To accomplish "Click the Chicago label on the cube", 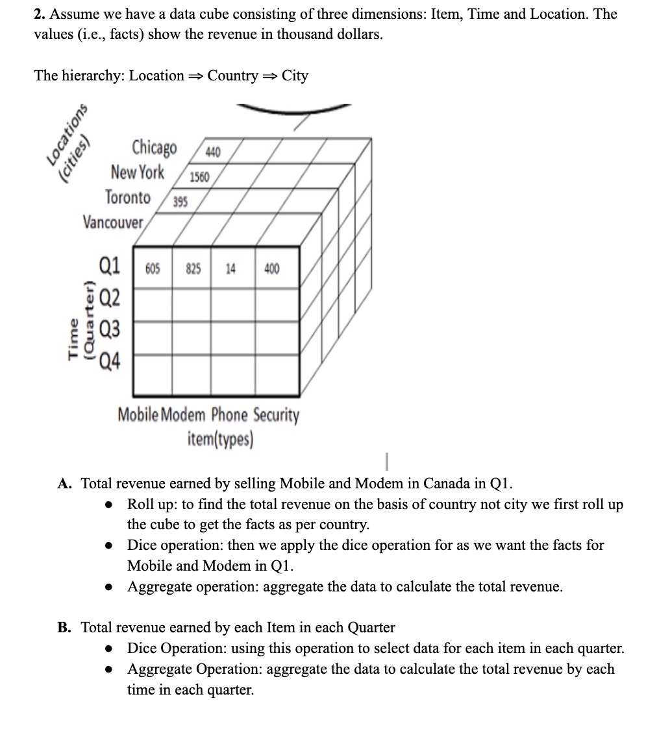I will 154,148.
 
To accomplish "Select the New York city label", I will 138,173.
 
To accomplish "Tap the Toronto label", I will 128,197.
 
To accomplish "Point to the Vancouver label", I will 113,222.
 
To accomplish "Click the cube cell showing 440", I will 212,152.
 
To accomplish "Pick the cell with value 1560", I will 199,177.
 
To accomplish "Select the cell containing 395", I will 181,202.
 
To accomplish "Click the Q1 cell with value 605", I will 153,268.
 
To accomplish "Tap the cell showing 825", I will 193,268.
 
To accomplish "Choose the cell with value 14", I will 230,268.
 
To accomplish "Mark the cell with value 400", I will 272,268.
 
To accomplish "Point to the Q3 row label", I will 108,329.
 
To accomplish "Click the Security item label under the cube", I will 277,415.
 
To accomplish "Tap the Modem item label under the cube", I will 182,415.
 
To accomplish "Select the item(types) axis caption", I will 220,440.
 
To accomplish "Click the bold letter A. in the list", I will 64,484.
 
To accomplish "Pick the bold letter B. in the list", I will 64,627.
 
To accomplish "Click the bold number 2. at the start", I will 40,14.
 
